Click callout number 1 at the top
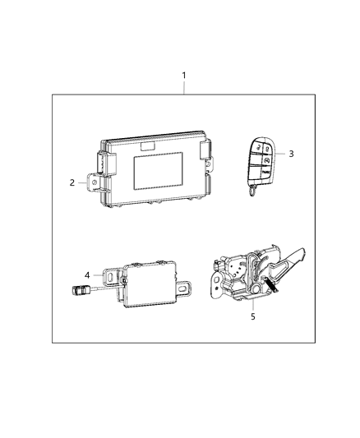[x=184, y=75]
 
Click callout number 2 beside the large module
[x=72, y=182]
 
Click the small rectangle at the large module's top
[x=149, y=146]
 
